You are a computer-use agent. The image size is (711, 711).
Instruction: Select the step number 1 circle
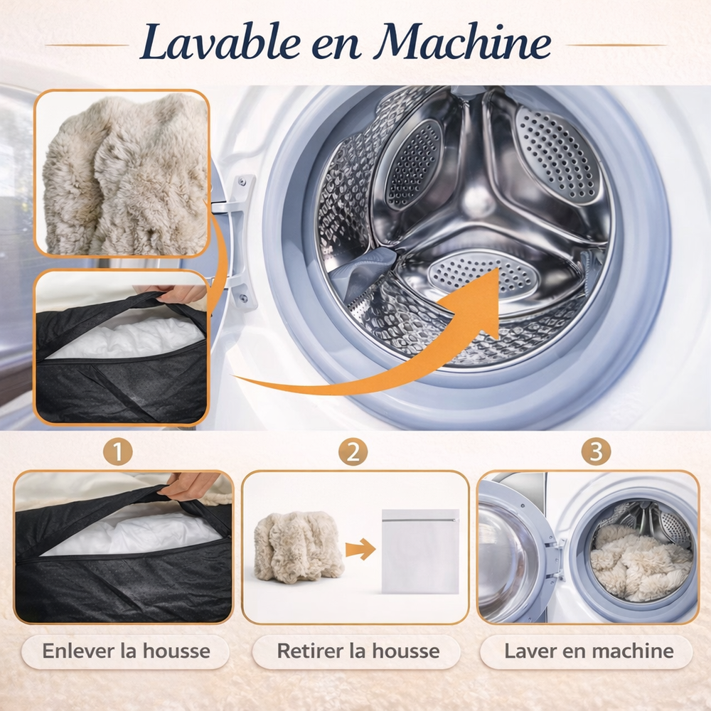pos(118,451)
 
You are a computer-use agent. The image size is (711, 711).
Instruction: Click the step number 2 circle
pos(353,451)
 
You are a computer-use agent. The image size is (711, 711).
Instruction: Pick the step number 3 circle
pos(596,451)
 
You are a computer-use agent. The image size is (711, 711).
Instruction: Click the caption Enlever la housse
pos(126,651)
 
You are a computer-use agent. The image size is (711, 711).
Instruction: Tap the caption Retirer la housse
pos(358,651)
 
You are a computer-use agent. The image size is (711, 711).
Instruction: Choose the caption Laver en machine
pos(589,651)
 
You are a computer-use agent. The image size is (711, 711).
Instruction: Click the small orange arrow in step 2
pos(360,550)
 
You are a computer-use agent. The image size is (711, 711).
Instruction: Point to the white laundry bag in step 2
pos(420,552)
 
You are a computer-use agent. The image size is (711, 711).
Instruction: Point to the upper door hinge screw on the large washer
pos(242,182)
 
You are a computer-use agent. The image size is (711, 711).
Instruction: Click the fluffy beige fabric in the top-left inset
pos(124,175)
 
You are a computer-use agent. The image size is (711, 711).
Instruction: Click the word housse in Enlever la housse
pos(176,651)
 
